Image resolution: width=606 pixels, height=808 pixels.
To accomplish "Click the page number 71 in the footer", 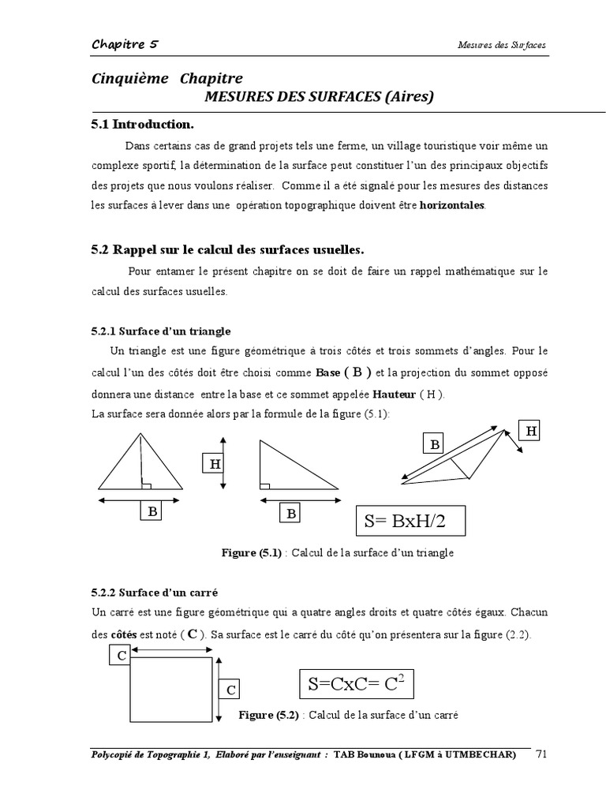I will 541,754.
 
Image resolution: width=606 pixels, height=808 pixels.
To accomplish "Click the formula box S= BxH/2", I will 410,522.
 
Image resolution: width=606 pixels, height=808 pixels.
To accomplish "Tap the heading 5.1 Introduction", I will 142,124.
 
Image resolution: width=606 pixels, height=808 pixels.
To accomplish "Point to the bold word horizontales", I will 453,205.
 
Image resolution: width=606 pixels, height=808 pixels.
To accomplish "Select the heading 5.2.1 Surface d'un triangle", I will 160,331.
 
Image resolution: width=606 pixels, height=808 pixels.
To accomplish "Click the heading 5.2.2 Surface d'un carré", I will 154,592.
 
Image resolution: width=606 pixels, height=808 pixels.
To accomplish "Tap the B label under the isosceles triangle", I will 151,512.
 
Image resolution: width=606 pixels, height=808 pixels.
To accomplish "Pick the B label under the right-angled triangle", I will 291,514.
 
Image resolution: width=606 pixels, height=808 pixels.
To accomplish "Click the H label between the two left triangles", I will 214,464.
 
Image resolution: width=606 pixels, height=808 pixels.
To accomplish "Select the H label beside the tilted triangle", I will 531,430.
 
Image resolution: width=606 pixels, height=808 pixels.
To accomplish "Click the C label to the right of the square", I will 231,690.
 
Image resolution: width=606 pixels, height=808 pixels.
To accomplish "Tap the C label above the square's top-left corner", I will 120,655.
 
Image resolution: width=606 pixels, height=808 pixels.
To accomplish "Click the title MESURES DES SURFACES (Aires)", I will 319,96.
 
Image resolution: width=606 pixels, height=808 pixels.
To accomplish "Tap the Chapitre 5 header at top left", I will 125,44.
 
